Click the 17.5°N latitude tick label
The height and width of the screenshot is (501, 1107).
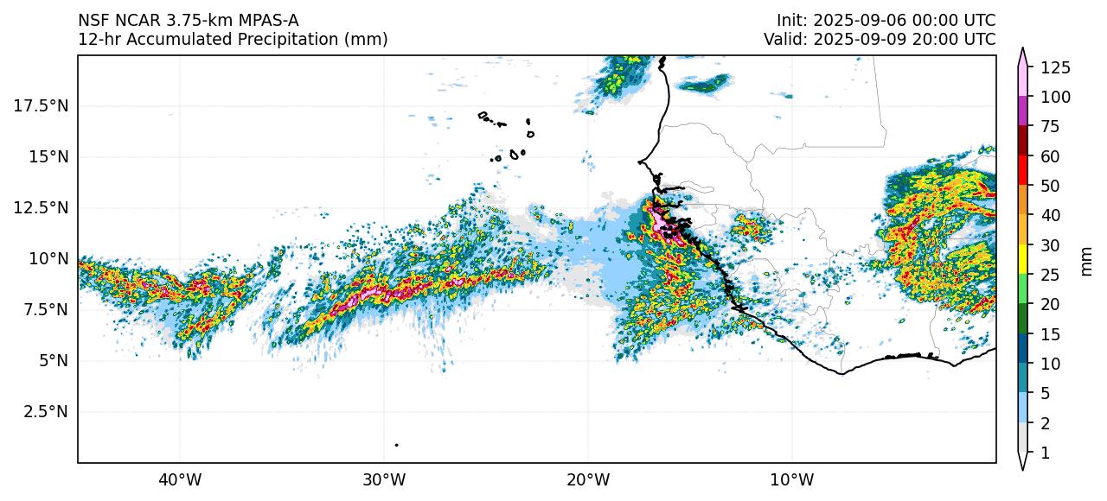coord(42,105)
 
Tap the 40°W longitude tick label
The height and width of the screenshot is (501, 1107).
coord(180,479)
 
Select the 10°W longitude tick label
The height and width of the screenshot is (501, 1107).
coord(791,479)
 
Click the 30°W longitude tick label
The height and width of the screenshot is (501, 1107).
coord(384,479)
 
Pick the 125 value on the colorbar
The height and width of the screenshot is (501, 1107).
coord(1056,67)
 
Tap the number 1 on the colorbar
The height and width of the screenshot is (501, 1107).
coord(1045,452)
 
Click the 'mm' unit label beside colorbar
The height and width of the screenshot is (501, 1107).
coord(1087,260)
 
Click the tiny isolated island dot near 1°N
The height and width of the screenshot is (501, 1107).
coord(396,445)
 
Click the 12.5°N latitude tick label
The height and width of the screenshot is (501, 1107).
coord(42,207)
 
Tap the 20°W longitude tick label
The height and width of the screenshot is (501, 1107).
coord(588,479)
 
